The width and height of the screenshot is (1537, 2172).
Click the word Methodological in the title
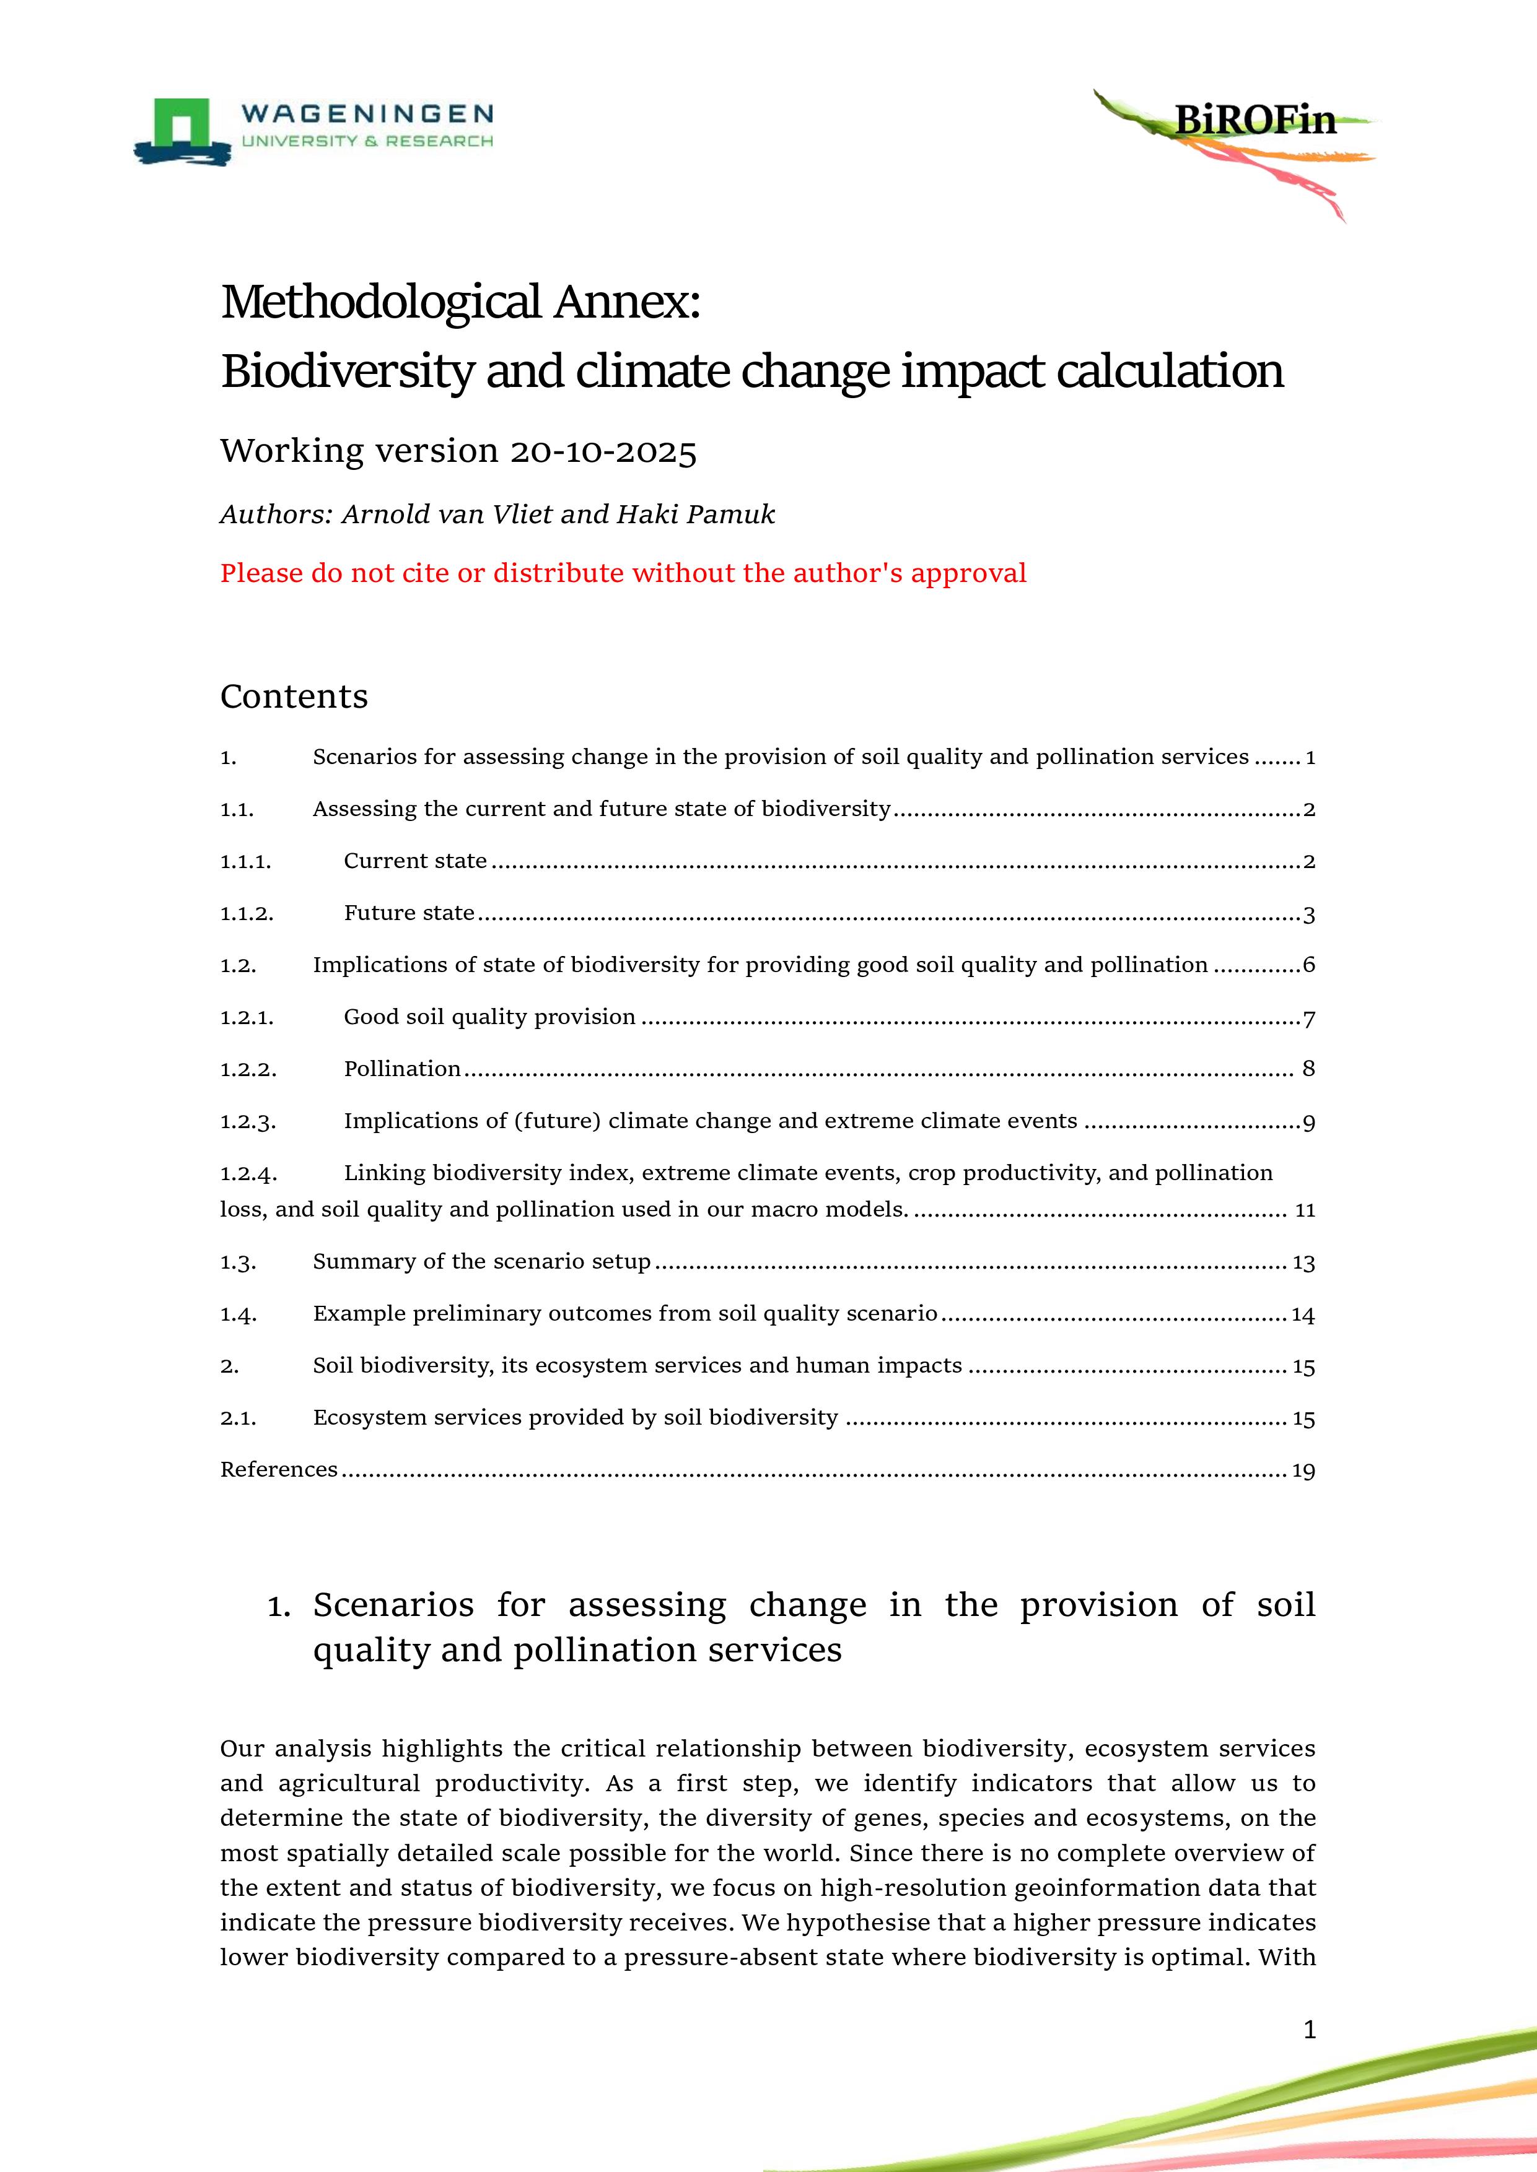click(380, 303)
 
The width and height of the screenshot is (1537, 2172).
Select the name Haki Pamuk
click(696, 515)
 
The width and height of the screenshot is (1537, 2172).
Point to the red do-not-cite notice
click(623, 573)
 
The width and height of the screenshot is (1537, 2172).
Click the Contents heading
click(294, 697)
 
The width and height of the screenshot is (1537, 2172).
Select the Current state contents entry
click(414, 861)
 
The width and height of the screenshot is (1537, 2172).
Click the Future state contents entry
click(409, 913)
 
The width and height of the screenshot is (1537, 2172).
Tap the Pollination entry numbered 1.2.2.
click(401, 1069)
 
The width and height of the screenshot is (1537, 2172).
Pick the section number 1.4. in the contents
click(237, 1314)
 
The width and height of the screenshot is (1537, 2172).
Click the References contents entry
click(278, 1469)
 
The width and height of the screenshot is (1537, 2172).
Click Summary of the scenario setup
click(482, 1262)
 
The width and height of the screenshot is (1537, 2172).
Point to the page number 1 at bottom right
click(1309, 2029)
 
